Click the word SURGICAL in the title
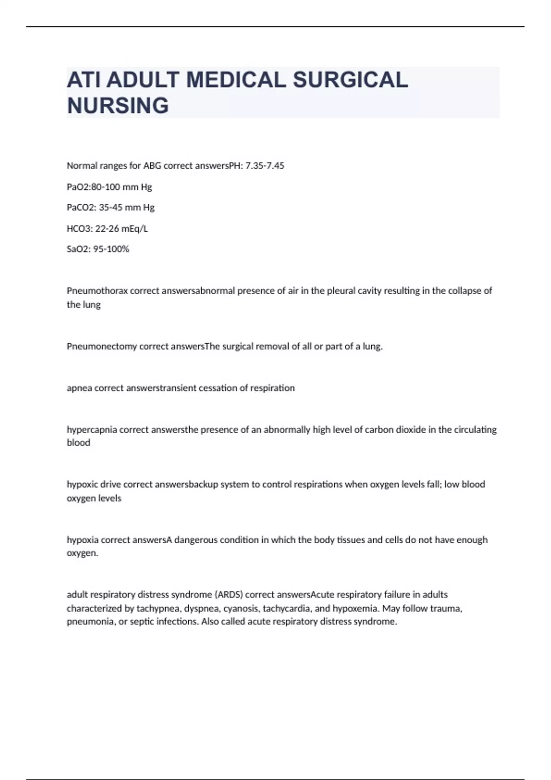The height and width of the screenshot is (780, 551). tap(350, 80)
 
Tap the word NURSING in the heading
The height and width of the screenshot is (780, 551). tap(118, 106)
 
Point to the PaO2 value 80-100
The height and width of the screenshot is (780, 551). tap(107, 187)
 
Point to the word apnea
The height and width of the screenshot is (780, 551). tap(79, 388)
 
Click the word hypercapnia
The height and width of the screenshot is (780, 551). tap(92, 430)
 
